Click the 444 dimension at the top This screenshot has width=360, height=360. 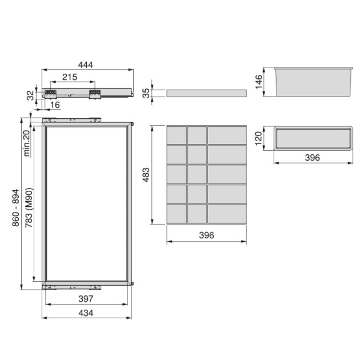tap(86, 65)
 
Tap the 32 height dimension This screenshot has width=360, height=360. tap(30, 95)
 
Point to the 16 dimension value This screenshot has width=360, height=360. tap(54, 106)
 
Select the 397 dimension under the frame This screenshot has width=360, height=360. tap(85, 298)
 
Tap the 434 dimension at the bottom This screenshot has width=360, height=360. tap(86, 313)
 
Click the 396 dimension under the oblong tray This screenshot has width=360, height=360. tap(311, 157)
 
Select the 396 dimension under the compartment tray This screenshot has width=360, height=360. tap(207, 235)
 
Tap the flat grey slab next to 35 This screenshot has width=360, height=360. tap(207, 93)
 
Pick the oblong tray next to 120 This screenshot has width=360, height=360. tap(311, 138)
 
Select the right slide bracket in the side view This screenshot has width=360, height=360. tap(94, 93)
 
